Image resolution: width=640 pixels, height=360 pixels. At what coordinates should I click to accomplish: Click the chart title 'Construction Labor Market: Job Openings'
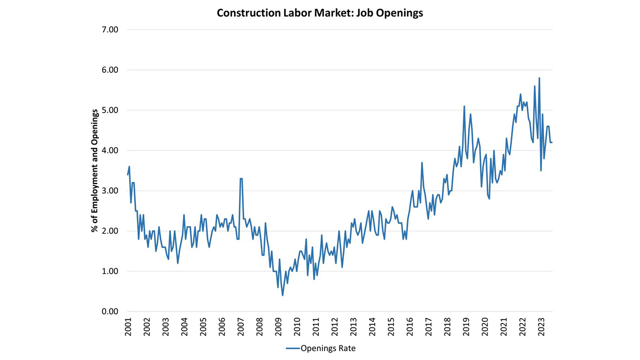coord(319,13)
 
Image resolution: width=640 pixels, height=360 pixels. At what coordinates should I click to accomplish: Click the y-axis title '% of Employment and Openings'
coord(93,170)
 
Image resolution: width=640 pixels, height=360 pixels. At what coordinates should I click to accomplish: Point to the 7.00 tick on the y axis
coord(108,29)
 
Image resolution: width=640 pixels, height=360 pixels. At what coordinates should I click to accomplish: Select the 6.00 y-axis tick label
coord(108,70)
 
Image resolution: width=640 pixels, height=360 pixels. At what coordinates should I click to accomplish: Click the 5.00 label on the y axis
coord(108,110)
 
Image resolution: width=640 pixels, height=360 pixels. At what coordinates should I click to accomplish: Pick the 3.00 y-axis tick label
coord(108,191)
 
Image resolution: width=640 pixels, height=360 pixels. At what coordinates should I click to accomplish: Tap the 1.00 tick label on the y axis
coord(108,271)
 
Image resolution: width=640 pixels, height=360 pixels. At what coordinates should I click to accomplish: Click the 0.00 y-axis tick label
coord(108,311)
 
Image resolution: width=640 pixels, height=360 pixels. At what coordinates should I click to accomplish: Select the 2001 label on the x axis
coord(128,326)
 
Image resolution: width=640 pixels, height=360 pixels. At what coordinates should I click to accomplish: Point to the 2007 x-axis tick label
coord(240,326)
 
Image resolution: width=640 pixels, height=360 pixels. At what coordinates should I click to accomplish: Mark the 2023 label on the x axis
coord(541,326)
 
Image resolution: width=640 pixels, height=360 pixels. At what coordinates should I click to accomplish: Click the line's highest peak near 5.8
coord(539,78)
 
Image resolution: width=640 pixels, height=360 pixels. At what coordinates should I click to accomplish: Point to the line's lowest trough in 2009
coord(282,295)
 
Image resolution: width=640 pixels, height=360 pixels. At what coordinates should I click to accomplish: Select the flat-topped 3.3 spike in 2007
coord(241,178)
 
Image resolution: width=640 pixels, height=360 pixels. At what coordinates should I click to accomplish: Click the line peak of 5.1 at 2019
coord(464,106)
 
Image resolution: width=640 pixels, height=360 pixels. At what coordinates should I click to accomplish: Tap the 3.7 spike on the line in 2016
coord(422,162)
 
